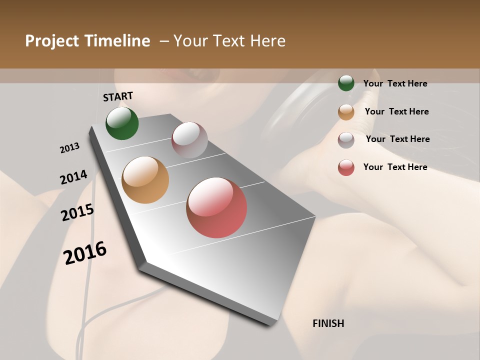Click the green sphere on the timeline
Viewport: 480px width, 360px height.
(122, 123)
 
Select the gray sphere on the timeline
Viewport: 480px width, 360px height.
(189, 139)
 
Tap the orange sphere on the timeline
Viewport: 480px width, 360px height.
(145, 179)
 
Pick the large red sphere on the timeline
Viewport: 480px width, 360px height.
(216, 207)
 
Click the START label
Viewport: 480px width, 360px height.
(118, 96)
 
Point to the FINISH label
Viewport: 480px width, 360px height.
(328, 323)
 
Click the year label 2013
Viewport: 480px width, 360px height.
(69, 148)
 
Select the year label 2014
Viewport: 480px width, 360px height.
(73, 177)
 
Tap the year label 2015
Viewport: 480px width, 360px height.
(77, 212)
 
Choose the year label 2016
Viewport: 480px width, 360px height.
(85, 252)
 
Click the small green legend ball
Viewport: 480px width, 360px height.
(346, 83)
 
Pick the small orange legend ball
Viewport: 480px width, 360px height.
(346, 112)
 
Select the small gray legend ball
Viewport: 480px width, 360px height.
(346, 140)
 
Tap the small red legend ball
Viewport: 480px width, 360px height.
(346, 167)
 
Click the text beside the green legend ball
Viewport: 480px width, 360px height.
(395, 83)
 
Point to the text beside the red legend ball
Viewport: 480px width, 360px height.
(395, 167)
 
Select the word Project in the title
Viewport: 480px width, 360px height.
(52, 41)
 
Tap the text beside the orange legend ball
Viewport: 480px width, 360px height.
(396, 111)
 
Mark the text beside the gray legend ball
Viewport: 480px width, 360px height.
(397, 139)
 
